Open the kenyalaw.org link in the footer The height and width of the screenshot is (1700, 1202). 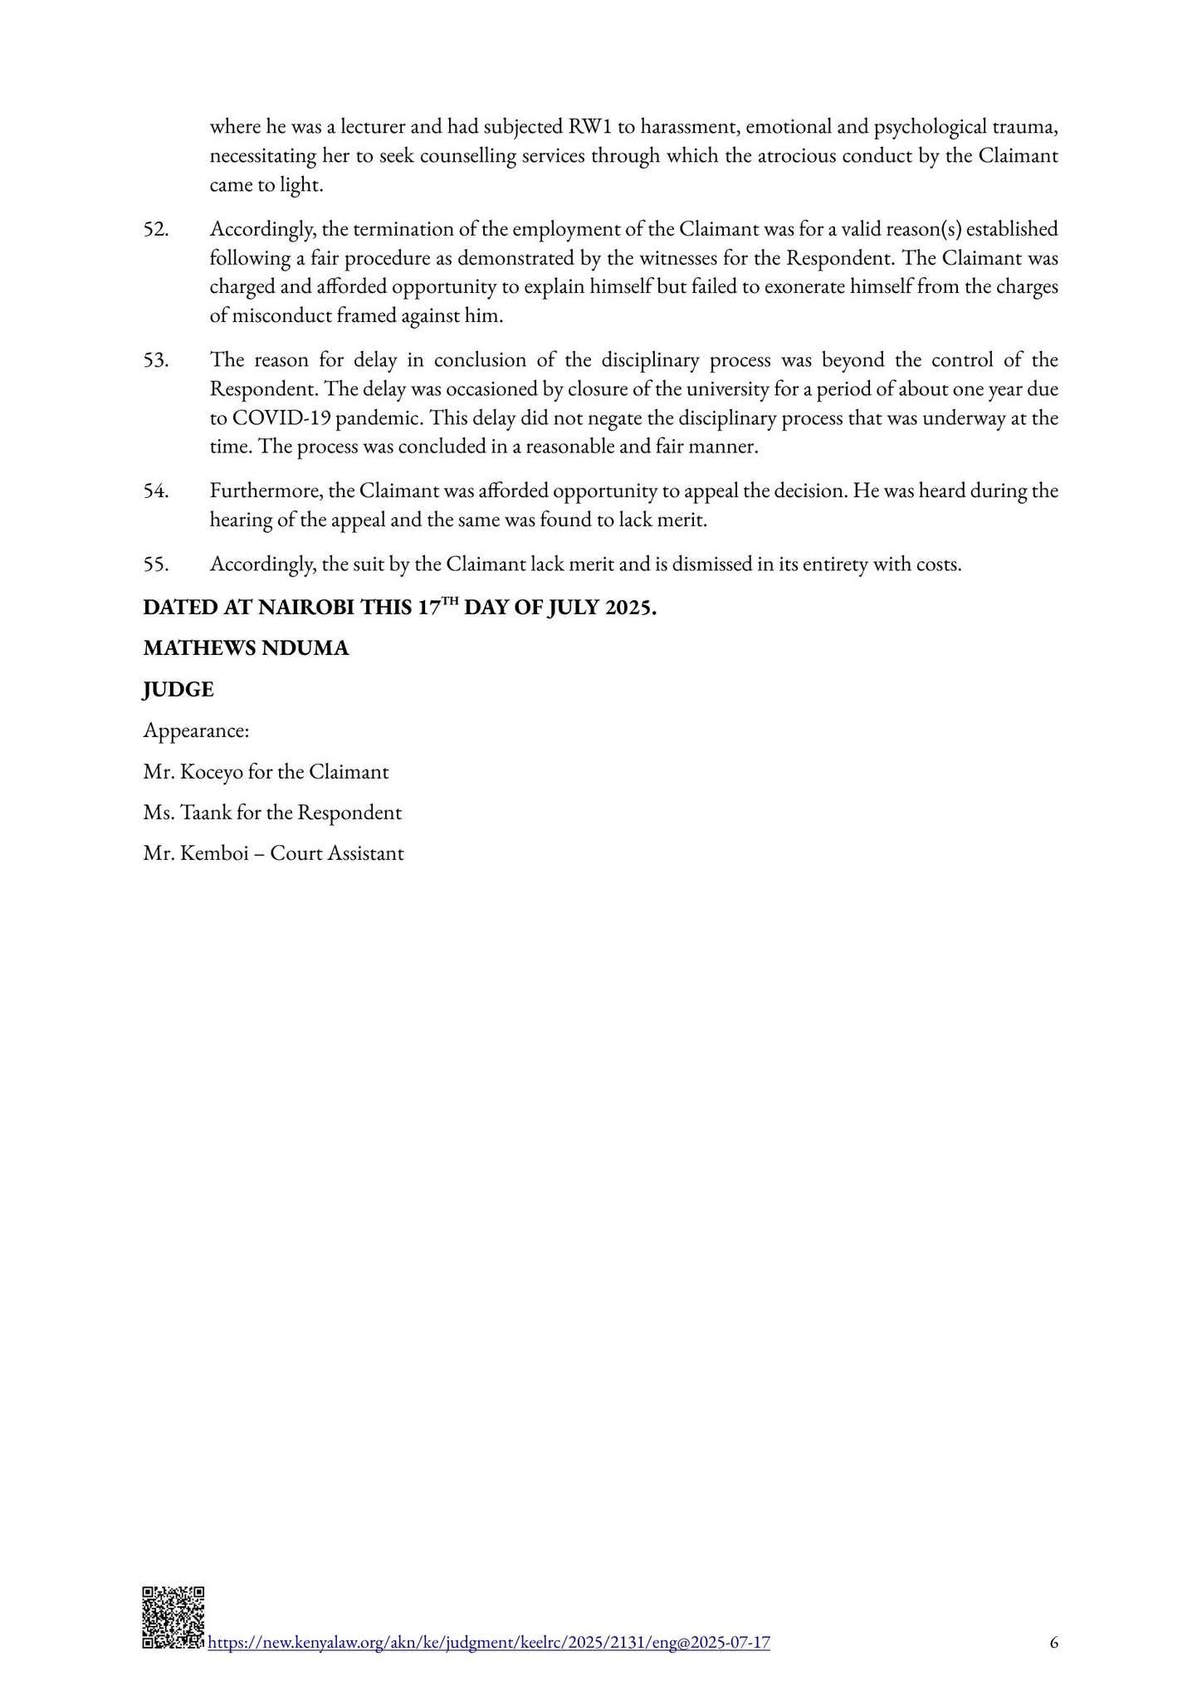[x=488, y=1642]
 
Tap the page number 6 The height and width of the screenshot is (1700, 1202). [x=1053, y=1642]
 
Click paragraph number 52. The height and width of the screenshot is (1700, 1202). [x=156, y=229]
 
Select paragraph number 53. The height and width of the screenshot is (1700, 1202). [x=156, y=360]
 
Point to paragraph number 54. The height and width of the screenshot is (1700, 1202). [x=156, y=491]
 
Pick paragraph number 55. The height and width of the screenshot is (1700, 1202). [x=156, y=564]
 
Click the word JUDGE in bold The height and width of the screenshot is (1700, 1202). [x=178, y=690]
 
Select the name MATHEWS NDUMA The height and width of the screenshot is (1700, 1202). [x=246, y=648]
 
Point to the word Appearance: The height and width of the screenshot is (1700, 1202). [x=197, y=731]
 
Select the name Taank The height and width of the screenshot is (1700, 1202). [x=204, y=813]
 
